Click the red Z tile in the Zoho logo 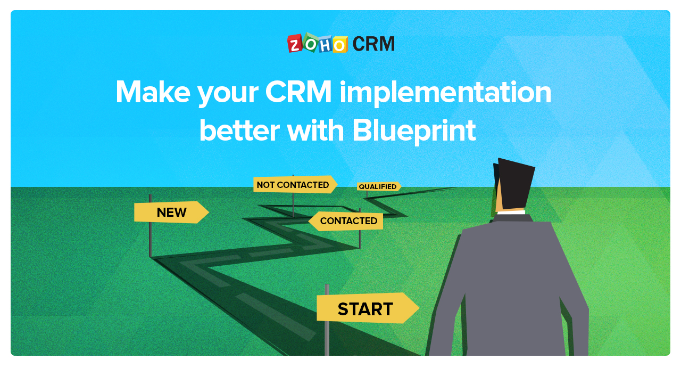[295, 43]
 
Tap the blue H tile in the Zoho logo [325, 45]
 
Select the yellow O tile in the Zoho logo [340, 45]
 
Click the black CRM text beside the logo [373, 44]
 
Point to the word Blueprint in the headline [414, 132]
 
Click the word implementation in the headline [445, 92]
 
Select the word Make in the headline [153, 92]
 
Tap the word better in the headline [239, 131]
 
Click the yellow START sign [368, 308]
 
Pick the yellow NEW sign [171, 212]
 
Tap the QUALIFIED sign [379, 186]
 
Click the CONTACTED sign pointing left [346, 221]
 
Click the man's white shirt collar [511, 212]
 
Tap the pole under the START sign [327, 338]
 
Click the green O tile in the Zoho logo [310, 43]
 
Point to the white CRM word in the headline [298, 92]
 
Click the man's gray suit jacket [507, 286]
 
